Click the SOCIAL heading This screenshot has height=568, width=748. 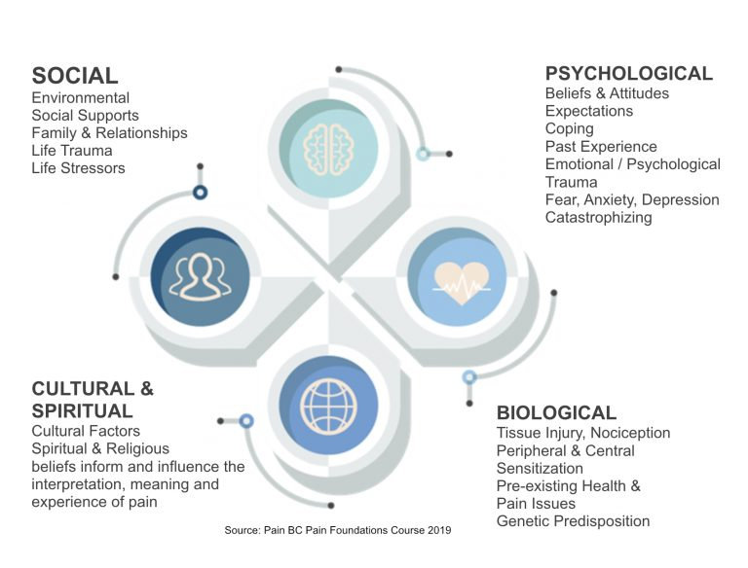tap(75, 76)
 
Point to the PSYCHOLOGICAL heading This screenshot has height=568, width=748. tap(628, 74)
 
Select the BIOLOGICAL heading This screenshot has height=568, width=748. tap(556, 413)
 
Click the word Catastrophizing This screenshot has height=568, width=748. tap(598, 217)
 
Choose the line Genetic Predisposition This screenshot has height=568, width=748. tap(573, 521)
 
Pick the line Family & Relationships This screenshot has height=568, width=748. tap(109, 133)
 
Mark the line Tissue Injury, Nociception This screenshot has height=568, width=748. tap(582, 433)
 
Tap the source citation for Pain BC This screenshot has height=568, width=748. tap(338, 530)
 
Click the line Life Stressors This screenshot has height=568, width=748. tap(78, 168)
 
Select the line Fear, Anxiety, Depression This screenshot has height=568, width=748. tap(632, 199)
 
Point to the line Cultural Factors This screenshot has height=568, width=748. tap(86, 431)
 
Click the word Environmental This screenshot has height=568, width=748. tap(80, 98)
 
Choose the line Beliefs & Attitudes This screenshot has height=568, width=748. tap(608, 94)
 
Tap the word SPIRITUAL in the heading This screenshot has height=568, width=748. tap(82, 411)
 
